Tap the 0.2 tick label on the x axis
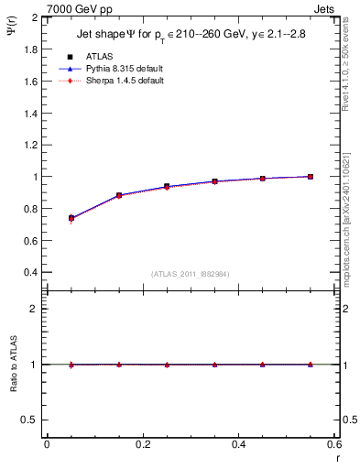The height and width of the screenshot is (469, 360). (142, 444)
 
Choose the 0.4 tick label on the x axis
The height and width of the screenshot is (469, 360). (238, 444)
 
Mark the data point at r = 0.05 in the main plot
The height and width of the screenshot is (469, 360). (71, 218)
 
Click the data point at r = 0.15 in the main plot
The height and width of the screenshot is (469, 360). (119, 195)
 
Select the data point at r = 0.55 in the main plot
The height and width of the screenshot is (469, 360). (311, 176)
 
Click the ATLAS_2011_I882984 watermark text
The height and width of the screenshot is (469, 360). (191, 275)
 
